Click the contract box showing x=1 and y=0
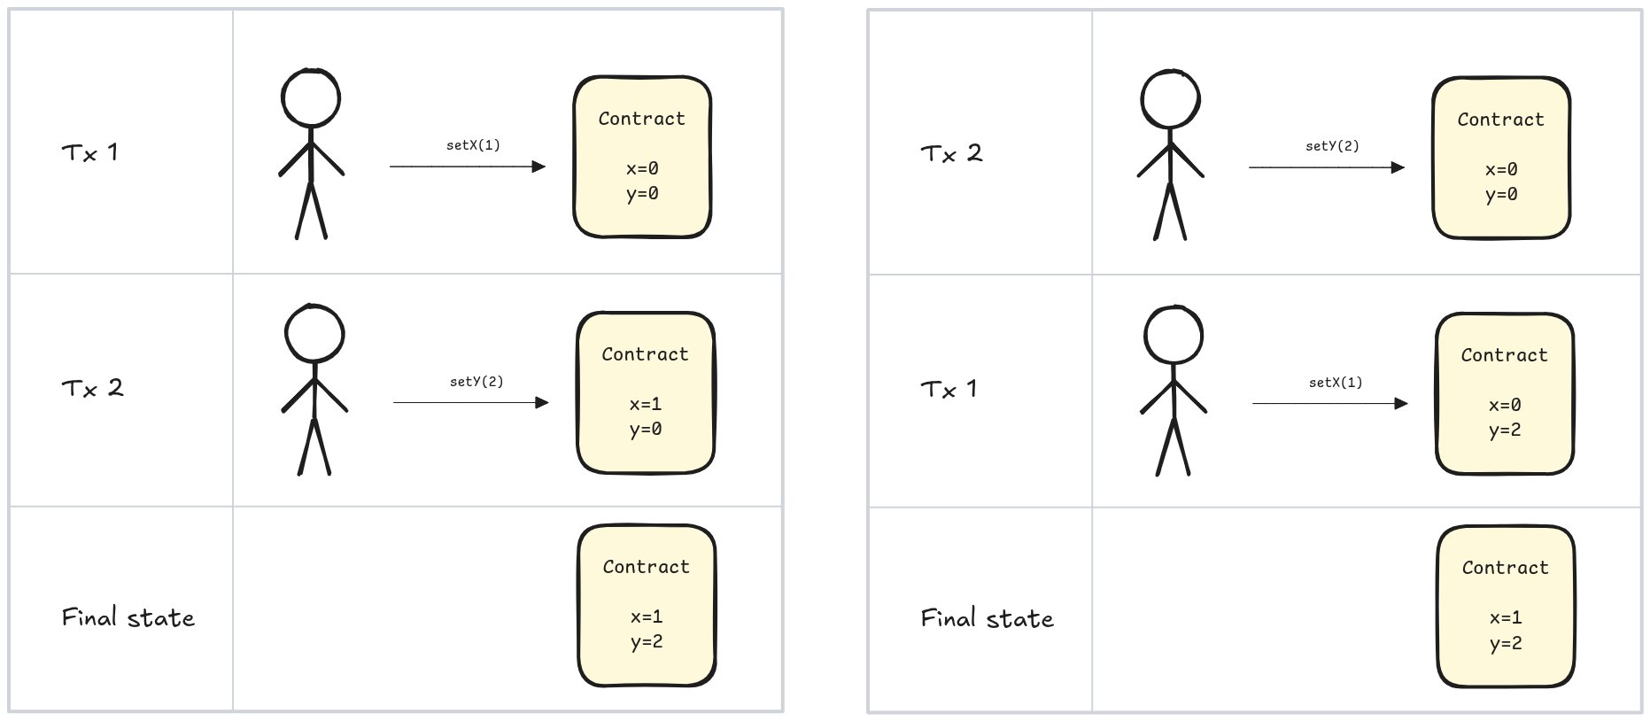tap(645, 392)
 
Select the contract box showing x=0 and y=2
tap(1504, 393)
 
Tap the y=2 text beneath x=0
tap(1504, 430)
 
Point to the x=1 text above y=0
tap(645, 404)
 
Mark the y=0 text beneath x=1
tap(645, 430)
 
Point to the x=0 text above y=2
tap(1504, 405)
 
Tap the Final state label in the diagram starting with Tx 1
tap(128, 617)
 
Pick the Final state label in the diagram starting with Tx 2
tap(987, 618)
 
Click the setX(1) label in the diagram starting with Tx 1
tap(473, 145)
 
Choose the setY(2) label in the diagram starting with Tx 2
tap(1332, 146)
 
